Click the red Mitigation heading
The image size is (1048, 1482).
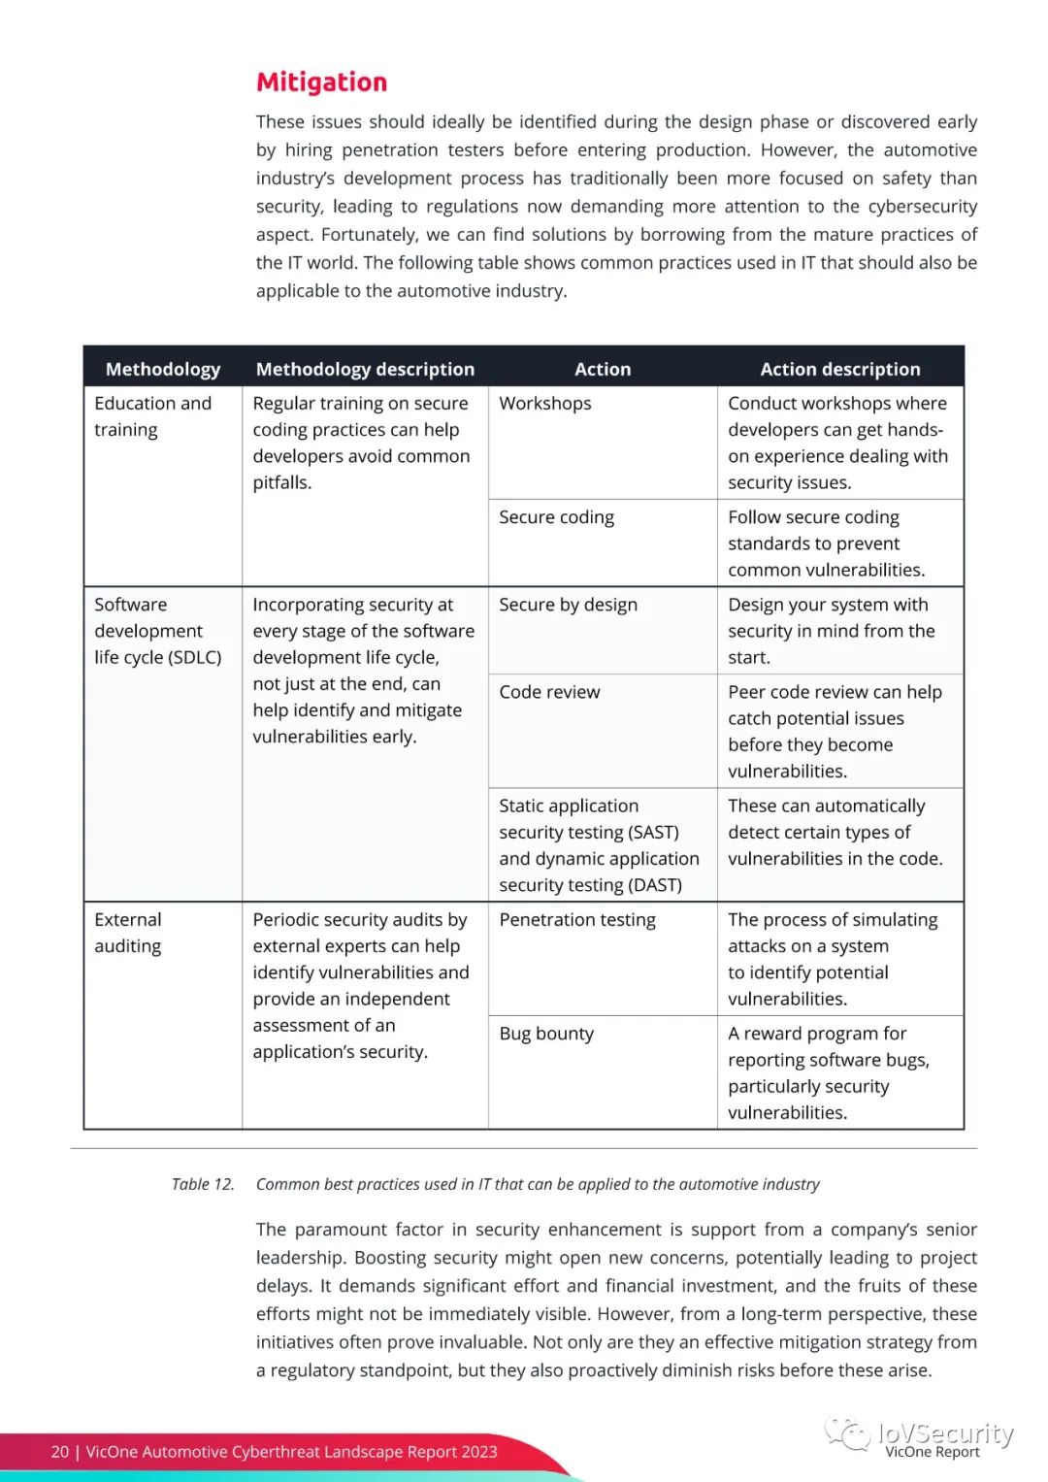321,82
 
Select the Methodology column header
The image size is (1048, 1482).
163,369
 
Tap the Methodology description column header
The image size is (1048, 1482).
365,369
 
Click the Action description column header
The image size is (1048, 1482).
839,369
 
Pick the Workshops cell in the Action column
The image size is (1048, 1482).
545,403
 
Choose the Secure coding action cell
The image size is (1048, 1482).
556,517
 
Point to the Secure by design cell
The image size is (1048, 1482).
568,605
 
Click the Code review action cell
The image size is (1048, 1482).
549,692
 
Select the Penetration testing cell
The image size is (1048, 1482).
577,920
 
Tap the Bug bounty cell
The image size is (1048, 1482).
546,1034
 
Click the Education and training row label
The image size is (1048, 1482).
152,416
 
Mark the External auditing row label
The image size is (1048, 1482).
128,933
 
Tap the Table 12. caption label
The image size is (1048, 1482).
203,1184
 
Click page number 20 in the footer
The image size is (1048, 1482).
60,1452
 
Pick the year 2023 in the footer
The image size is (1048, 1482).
479,1452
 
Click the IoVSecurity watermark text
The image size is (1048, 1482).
945,1433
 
